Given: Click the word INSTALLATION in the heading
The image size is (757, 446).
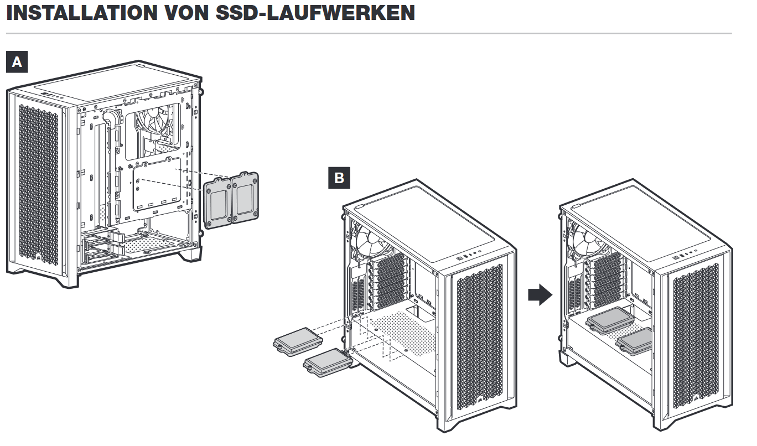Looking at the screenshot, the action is tap(82, 13).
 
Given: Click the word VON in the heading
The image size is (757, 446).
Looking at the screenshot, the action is tap(186, 13).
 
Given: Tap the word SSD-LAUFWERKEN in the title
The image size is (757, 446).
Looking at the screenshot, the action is tap(315, 13).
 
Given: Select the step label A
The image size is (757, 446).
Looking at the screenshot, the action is tap(17, 62).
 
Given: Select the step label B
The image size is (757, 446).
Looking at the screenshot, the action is tap(339, 178).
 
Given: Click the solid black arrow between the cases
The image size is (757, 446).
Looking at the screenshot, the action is tap(540, 294).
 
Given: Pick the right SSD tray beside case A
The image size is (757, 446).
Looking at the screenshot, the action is tap(245, 198).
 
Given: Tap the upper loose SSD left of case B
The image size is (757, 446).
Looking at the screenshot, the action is tap(298, 341).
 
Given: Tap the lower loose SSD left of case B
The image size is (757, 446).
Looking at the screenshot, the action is tap(328, 362).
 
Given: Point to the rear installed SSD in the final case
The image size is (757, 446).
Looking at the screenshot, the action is tap(610, 320).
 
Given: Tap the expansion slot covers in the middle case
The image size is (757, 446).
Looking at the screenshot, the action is tap(388, 282).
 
